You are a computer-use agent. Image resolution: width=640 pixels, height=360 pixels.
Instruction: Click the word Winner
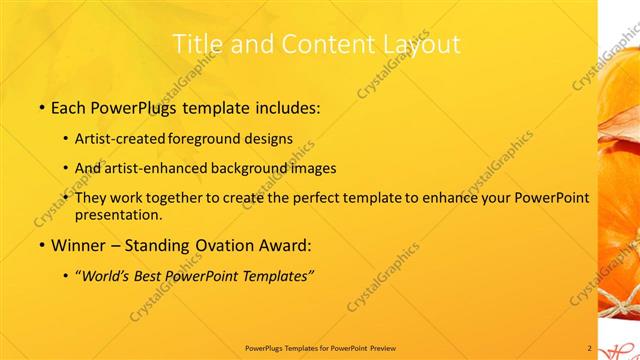pos(76,245)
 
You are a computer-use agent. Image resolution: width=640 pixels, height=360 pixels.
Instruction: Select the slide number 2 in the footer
pos(589,348)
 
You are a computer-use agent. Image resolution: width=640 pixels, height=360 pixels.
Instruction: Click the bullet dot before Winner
pos(41,246)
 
